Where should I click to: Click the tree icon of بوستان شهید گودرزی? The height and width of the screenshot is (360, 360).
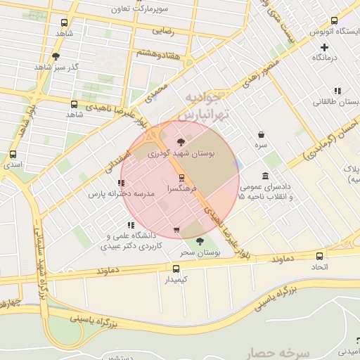[182, 141]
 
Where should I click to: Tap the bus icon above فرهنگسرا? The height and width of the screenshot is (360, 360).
[182, 178]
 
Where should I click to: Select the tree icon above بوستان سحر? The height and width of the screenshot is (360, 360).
[200, 241]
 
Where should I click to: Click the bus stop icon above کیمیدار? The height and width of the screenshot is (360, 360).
[176, 269]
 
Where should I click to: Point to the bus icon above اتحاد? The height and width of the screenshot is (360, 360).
[320, 257]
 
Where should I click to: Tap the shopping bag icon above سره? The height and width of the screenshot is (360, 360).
[261, 134]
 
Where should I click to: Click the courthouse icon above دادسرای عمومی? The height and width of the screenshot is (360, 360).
[264, 176]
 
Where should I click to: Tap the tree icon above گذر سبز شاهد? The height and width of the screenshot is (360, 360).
[56, 56]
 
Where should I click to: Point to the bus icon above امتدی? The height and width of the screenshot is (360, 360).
[13, 154]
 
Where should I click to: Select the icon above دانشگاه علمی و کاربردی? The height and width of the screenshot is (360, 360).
[130, 225]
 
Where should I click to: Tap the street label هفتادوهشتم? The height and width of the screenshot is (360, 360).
[155, 53]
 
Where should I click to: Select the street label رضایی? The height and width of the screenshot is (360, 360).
[162, 31]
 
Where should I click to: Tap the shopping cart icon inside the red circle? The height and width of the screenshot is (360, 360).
[176, 229]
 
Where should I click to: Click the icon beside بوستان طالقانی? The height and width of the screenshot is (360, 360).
[337, 91]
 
